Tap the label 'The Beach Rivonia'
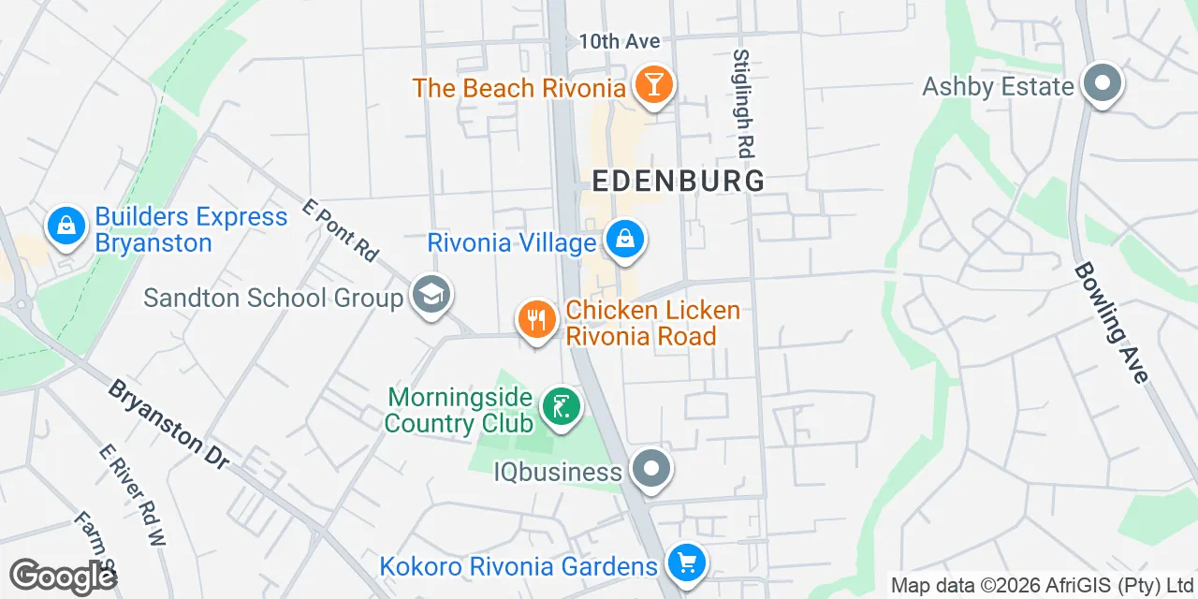point(519,89)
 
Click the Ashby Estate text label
point(998,87)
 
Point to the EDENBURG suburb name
point(679,181)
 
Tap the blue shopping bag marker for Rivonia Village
point(624,240)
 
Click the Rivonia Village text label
point(511,243)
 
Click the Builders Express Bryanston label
point(191,230)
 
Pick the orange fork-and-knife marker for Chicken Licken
point(536,321)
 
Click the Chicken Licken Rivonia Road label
point(652,323)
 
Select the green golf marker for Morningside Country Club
point(561,407)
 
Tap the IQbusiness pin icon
point(651,470)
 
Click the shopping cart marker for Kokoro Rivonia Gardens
point(686,563)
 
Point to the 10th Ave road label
point(619,41)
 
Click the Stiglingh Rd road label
point(743,103)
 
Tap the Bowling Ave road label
point(1111,322)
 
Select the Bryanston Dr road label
point(168,423)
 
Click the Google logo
point(62,577)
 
